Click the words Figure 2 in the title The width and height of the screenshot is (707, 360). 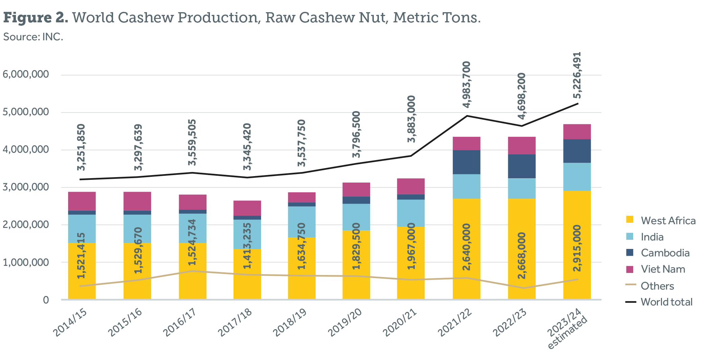pos(35,18)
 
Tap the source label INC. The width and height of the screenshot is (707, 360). pos(33,37)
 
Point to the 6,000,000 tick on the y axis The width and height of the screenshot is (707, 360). pos(26,74)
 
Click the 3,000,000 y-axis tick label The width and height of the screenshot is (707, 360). pos(26,187)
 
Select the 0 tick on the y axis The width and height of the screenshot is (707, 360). pos(46,300)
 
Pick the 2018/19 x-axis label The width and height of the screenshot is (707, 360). pos(290,322)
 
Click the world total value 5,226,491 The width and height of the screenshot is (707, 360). pos(577,75)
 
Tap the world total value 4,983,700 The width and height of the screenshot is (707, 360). pos(467,84)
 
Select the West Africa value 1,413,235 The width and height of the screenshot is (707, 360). pos(247,246)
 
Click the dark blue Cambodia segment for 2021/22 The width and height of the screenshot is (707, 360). pos(466,162)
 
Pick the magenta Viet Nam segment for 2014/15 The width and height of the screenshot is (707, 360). pos(82,201)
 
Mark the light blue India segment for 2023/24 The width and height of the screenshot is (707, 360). pos(577,177)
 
